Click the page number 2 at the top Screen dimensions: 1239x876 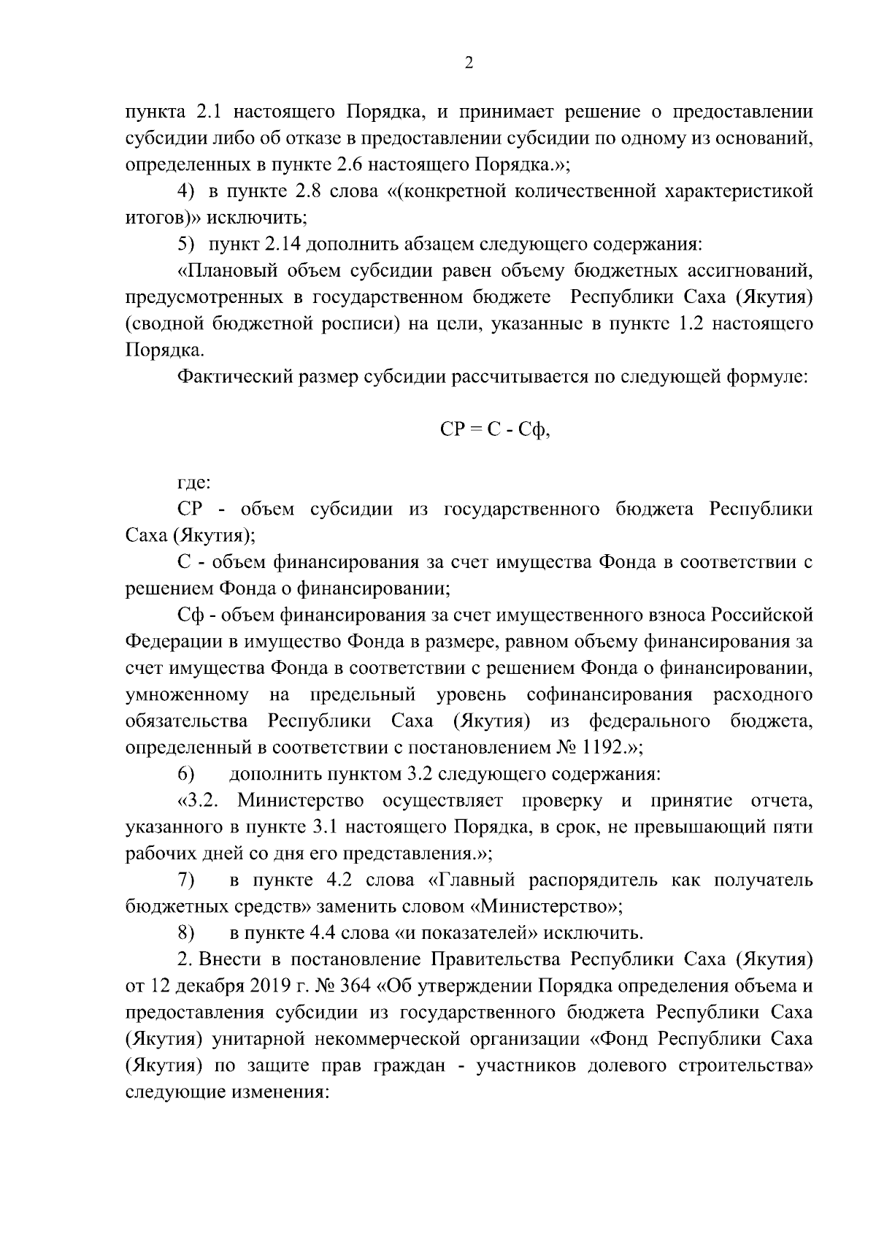point(469,64)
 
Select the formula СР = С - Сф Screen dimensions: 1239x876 point(495,429)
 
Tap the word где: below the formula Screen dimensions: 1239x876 point(195,482)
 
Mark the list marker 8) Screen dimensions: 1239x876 point(188,932)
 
